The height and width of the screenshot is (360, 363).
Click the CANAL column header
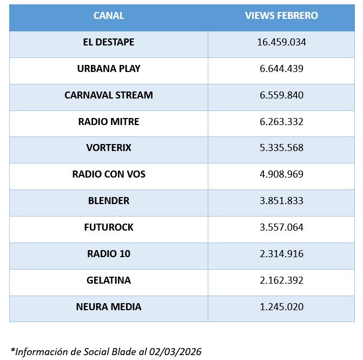click(109, 16)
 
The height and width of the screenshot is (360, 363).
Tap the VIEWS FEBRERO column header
click(281, 16)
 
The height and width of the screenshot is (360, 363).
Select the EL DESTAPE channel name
click(109, 42)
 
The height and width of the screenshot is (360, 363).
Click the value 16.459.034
click(281, 42)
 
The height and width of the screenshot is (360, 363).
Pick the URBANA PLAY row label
click(109, 69)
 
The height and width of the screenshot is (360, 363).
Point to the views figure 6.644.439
click(281, 69)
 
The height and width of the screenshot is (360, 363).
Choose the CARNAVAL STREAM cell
click(109, 95)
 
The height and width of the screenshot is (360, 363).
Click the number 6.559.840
click(281, 95)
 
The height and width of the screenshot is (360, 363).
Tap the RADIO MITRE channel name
click(109, 122)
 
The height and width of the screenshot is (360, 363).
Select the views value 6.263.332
click(281, 122)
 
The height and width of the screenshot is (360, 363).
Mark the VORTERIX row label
click(109, 148)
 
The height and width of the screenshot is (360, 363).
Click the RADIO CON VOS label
click(109, 174)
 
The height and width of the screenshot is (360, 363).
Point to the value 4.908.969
click(281, 174)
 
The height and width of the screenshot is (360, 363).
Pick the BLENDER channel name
click(109, 201)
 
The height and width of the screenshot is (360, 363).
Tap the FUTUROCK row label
click(109, 227)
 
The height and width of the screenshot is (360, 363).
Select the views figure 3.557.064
click(281, 227)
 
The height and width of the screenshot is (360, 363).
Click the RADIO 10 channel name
click(109, 254)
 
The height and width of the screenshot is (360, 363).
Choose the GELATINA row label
click(109, 280)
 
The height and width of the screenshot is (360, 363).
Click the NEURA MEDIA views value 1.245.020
click(281, 307)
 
